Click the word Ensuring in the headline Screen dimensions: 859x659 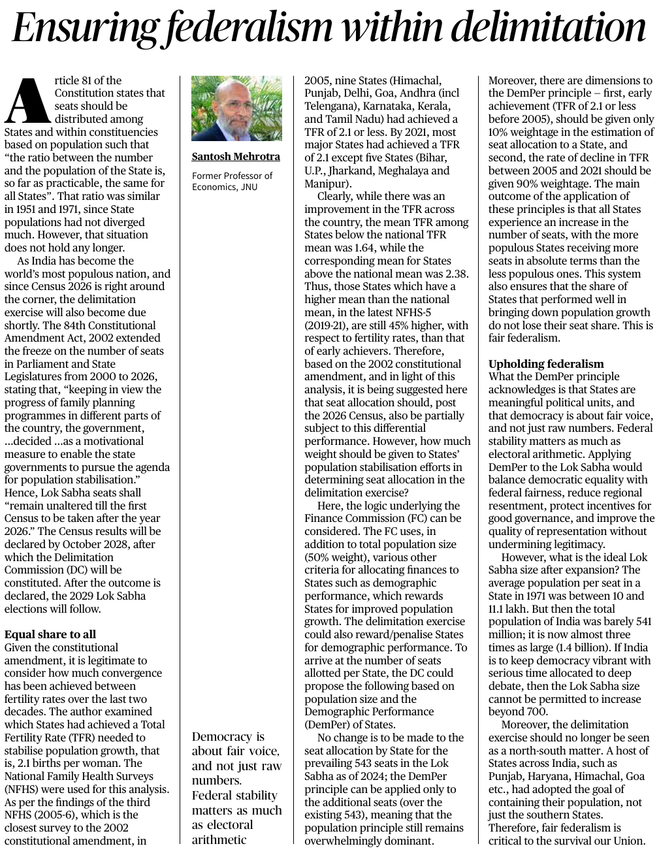84,29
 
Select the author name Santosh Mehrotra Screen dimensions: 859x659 236,157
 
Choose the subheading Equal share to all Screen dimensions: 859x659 50,634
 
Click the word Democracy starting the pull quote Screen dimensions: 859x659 222,737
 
